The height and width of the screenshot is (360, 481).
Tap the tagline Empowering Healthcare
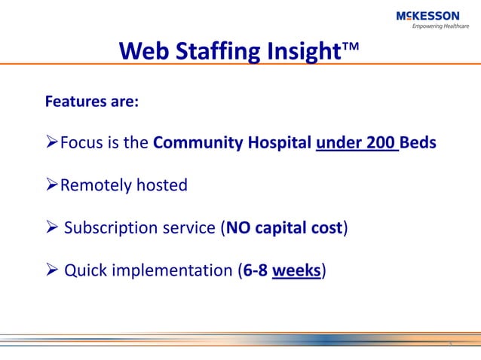click(x=440, y=26)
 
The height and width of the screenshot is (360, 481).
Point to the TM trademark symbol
click(x=351, y=47)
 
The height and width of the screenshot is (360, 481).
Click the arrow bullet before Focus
click(x=52, y=142)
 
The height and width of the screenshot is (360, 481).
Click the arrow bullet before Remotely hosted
click(x=52, y=185)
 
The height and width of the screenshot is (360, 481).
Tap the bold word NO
click(x=236, y=227)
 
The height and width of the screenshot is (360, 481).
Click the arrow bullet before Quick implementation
click(x=52, y=270)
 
